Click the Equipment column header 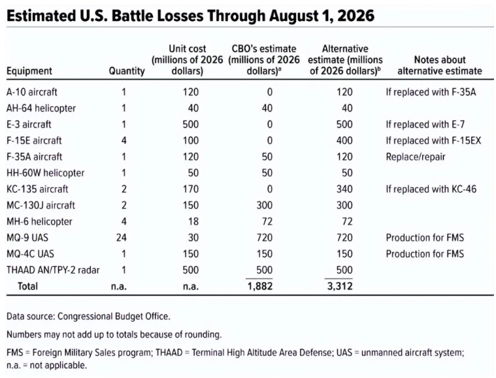(29, 71)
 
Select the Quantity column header (127, 71)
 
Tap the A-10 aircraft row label (31, 92)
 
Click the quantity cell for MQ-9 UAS (121, 237)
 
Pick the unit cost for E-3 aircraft (190, 124)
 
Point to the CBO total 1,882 (259, 286)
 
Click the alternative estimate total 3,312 (340, 286)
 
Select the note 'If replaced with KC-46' (431, 189)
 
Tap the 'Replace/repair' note (416, 157)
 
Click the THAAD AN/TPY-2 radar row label (53, 270)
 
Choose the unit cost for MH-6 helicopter (193, 221)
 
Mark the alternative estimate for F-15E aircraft (344, 141)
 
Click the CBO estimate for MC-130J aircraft (264, 205)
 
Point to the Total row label (27, 286)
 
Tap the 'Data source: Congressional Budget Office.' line (88, 317)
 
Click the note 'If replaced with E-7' (425, 124)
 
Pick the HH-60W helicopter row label (45, 173)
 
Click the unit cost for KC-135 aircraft (190, 189)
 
